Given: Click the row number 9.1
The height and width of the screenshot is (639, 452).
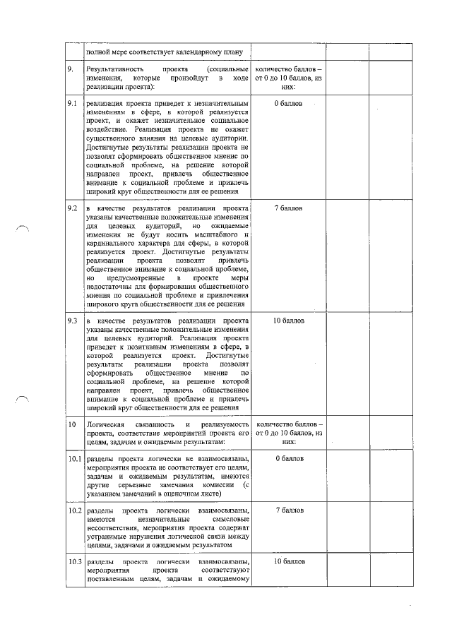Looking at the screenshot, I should tap(72, 104).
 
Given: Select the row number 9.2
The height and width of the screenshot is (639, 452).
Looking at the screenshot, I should tap(72, 210).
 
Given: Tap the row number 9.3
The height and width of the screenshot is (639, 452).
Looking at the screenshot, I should tap(72, 321).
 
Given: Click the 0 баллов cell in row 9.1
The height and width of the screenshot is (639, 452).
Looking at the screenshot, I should tap(288, 104).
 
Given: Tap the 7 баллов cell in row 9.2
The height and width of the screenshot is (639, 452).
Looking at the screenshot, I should tap(288, 210).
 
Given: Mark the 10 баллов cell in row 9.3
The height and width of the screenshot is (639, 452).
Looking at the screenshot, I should tap(288, 321).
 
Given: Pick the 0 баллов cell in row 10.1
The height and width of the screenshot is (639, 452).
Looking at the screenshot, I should tap(288, 458).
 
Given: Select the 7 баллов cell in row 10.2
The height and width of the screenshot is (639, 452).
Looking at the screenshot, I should tap(288, 510).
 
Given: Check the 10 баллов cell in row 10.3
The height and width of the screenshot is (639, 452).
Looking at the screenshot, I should tap(288, 561).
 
